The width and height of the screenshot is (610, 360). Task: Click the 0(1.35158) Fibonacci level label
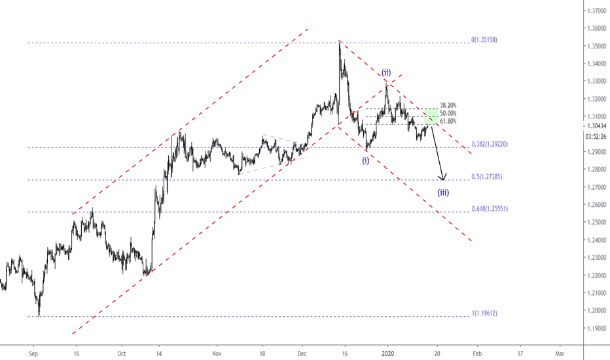(484, 40)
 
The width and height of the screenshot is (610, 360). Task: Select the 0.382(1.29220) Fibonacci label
(490, 145)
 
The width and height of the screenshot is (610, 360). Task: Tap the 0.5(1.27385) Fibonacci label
(487, 177)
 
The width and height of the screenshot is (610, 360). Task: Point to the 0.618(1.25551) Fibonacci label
(490, 209)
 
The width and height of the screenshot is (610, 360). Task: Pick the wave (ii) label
(386, 72)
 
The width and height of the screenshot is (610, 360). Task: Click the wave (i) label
(366, 160)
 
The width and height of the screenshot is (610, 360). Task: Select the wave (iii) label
(444, 192)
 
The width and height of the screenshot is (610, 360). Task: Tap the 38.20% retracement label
(448, 105)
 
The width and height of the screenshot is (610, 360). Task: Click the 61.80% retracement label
(448, 122)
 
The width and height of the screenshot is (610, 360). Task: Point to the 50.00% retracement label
(448, 113)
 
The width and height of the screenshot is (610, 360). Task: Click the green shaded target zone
(431, 117)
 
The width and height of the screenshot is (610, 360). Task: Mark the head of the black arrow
(444, 179)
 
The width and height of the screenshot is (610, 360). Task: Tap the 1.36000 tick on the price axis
(596, 29)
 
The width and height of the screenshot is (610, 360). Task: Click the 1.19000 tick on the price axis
(596, 328)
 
